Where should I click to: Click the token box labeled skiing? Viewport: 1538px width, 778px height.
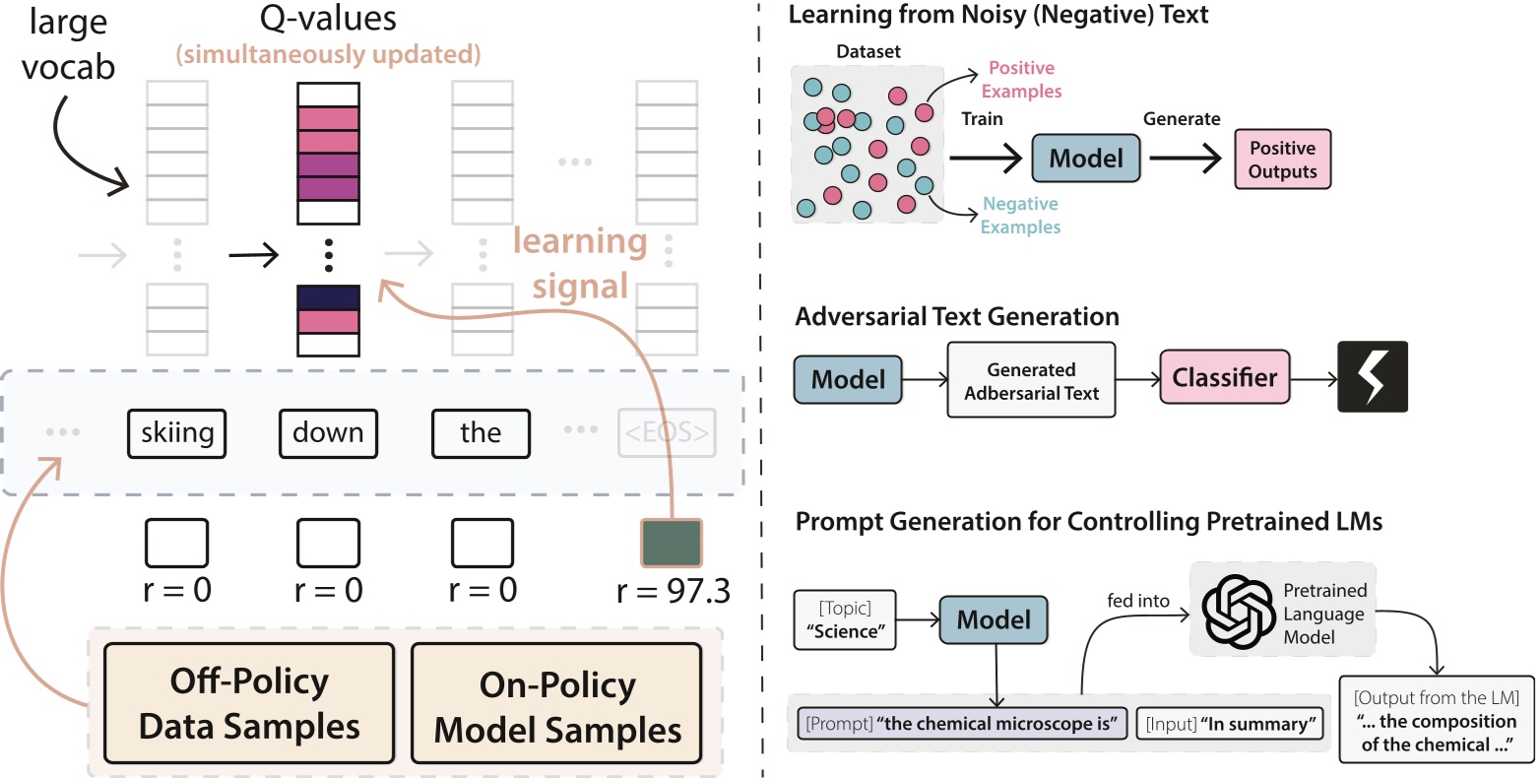pos(177,433)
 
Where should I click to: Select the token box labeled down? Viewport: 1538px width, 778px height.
pos(328,433)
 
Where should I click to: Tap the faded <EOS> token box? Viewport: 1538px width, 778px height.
pos(667,433)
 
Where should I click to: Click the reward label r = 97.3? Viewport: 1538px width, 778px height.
pos(673,591)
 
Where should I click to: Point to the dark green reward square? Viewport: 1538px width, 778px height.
pos(672,544)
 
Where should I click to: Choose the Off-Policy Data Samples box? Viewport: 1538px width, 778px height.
pos(249,704)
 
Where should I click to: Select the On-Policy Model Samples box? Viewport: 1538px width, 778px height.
pos(557,707)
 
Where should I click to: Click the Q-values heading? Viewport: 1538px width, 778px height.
pos(328,18)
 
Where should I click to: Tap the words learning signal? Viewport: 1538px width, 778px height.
pos(579,264)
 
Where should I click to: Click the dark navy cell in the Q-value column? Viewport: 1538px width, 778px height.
pos(328,297)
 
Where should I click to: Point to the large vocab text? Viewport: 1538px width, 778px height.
pos(68,44)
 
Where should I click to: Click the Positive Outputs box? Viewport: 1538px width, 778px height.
pos(1282,160)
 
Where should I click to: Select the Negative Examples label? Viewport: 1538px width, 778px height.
pos(1020,215)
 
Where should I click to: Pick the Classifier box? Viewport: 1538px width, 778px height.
pos(1224,378)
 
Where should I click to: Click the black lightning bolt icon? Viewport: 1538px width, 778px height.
pos(1373,376)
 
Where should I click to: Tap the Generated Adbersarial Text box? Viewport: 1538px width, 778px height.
pos(1031,381)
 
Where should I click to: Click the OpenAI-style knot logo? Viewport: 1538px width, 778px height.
pos(1239,612)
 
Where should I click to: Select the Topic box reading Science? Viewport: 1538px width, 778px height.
pos(845,620)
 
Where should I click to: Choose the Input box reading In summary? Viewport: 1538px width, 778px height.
pos(1229,724)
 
